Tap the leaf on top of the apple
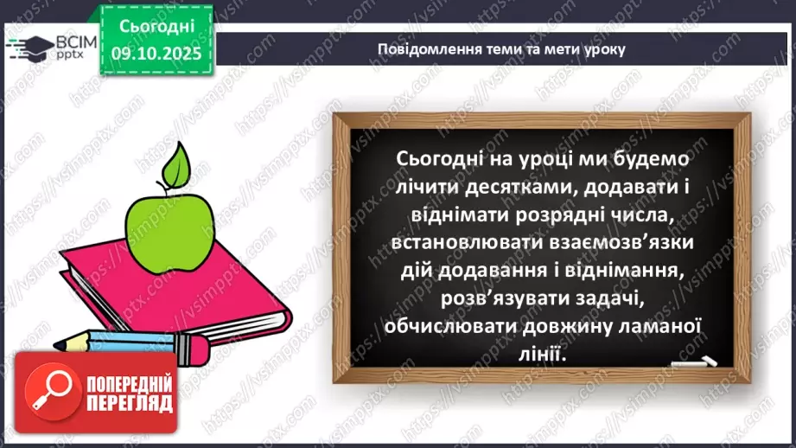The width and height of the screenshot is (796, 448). pos(179,163)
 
